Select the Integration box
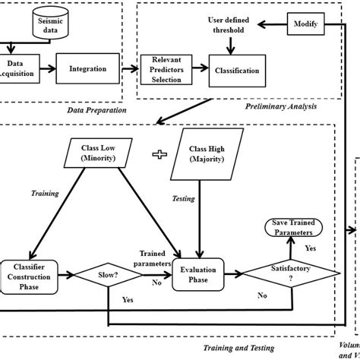(88, 68)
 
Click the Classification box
(237, 71)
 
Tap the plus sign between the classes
(159, 155)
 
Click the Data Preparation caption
(96, 110)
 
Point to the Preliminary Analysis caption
(281, 107)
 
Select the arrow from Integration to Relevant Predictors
(130, 69)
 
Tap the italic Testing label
(183, 198)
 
